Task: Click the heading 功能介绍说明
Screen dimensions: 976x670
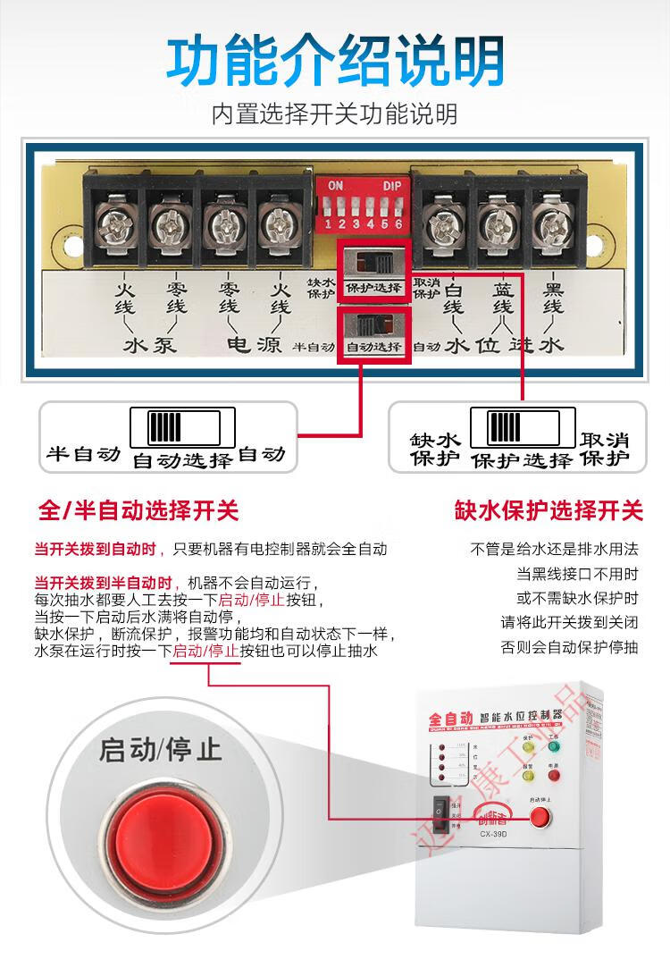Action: [335, 61]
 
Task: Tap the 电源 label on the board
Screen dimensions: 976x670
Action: [255, 345]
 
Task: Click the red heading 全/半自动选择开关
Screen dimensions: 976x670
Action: [138, 511]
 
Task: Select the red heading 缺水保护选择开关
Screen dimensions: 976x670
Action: [549, 511]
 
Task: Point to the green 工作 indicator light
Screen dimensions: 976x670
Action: [553, 746]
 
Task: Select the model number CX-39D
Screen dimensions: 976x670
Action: [495, 836]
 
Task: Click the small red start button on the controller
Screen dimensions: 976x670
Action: [540, 816]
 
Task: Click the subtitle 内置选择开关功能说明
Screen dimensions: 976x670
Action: [335, 114]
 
